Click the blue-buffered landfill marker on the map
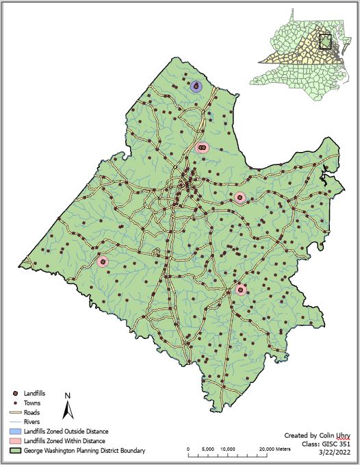pos(196,86)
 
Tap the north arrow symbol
pos(67,410)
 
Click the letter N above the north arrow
pos(67,396)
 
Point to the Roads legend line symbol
pos(14,413)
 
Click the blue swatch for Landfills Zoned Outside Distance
pos(14,432)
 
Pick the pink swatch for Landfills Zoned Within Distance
pos(14,442)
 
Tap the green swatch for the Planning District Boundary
pos(14,451)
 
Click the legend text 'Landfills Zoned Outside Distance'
pos(66,432)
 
